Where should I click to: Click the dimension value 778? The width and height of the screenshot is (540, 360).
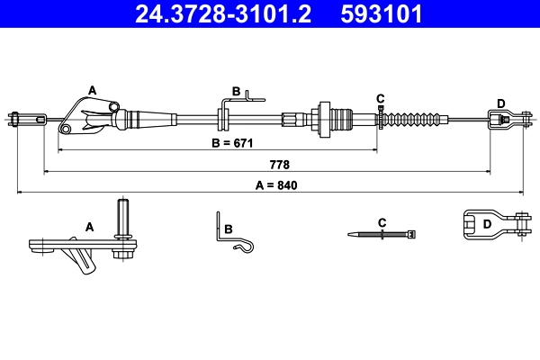(x=280, y=166)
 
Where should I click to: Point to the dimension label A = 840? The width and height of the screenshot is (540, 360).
(x=275, y=186)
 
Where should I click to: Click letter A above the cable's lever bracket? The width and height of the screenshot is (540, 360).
(x=91, y=89)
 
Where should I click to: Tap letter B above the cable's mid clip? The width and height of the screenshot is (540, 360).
(x=236, y=92)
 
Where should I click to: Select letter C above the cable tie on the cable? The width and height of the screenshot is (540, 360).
(x=380, y=98)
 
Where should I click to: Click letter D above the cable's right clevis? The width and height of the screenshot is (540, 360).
(x=500, y=103)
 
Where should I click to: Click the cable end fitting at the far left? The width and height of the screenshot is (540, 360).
(x=27, y=117)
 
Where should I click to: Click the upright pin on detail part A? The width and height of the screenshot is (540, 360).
(x=124, y=219)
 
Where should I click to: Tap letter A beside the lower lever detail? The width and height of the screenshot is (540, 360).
(x=90, y=228)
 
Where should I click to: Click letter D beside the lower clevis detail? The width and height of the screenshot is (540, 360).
(x=487, y=224)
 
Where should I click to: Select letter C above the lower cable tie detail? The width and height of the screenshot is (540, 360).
(x=382, y=221)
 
